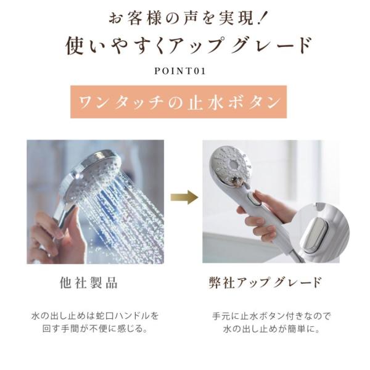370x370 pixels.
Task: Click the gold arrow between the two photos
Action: click(184, 197)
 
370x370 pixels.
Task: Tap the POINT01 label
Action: click(180, 71)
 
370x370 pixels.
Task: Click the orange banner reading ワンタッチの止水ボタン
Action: click(179, 102)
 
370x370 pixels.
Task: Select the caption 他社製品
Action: click(88, 282)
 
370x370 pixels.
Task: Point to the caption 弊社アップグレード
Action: click(265, 282)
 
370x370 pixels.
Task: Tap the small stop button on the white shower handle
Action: click(254, 201)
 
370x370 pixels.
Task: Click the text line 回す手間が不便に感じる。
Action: click(96, 329)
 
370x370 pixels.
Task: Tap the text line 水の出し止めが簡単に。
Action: click(271, 329)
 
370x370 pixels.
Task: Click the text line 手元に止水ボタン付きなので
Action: click(271, 316)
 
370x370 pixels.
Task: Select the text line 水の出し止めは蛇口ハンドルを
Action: click(95, 316)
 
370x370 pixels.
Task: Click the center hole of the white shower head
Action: click(234, 164)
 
